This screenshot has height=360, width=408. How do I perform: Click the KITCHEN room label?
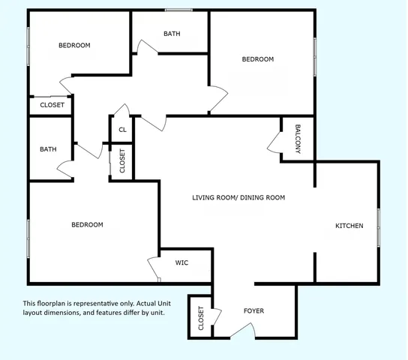[x=349, y=226]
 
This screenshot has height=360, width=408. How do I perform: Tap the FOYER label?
[x=253, y=310]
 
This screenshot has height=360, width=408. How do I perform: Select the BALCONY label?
[x=298, y=139]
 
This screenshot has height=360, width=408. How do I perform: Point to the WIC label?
[x=181, y=262]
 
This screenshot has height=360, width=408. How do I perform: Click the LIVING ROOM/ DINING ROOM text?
[x=238, y=198]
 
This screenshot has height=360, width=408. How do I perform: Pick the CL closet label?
[x=122, y=130]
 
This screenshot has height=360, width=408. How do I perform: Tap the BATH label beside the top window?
[x=172, y=34]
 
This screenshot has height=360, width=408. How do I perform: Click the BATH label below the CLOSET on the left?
[x=48, y=149]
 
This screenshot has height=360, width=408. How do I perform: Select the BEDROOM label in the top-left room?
[x=74, y=45]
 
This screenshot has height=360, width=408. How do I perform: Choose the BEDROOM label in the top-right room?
[x=258, y=59]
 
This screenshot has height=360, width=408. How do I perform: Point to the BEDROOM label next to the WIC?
[x=87, y=224]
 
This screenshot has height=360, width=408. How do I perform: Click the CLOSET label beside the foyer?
[x=200, y=319]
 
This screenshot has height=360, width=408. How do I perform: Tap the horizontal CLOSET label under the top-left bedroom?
[x=52, y=105]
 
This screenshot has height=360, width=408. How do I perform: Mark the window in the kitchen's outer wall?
[x=379, y=227]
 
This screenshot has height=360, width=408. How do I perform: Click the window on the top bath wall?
[x=178, y=10]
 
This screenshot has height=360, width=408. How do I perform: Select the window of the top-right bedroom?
[x=315, y=57]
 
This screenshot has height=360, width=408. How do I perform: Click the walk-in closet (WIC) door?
[x=154, y=269]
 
